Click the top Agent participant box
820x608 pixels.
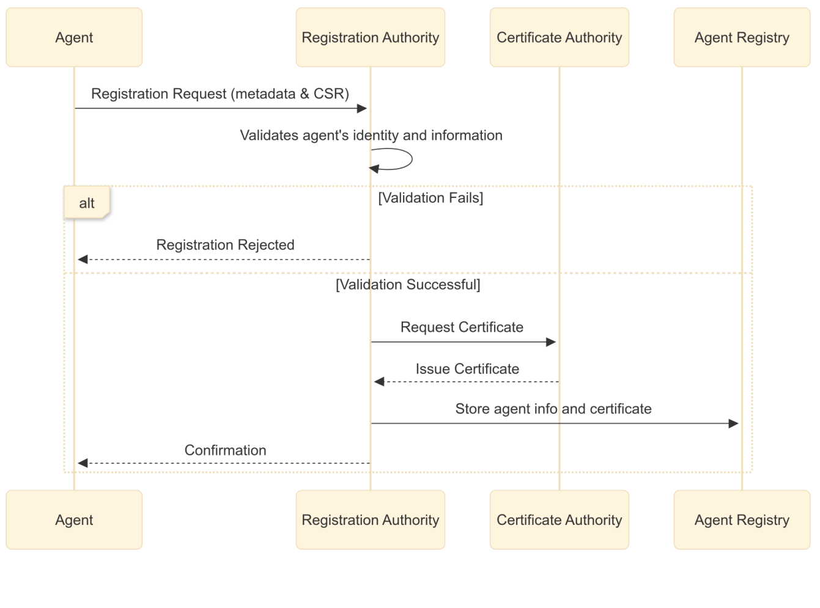[x=74, y=37]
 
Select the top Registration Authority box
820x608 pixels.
[x=370, y=37]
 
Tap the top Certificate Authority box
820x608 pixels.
[x=559, y=37]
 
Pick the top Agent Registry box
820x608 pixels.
[x=742, y=37]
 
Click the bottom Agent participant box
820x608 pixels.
[x=74, y=520]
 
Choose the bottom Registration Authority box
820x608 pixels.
[x=370, y=520]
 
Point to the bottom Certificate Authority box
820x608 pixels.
[x=559, y=520]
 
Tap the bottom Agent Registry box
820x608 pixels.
[x=742, y=520]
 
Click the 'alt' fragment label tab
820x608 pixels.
[x=87, y=203]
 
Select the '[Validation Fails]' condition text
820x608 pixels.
[x=430, y=198]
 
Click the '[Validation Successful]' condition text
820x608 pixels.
[x=408, y=285]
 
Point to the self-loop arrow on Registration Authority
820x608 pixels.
[x=397, y=159]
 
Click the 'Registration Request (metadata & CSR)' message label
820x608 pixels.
[x=220, y=94]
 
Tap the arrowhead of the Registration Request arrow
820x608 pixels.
[x=362, y=109]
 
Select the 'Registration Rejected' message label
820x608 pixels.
[x=225, y=245]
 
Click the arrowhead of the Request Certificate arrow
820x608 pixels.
[x=551, y=342]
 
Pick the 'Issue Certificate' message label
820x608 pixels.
[x=467, y=369]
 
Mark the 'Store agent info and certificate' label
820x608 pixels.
[x=553, y=409]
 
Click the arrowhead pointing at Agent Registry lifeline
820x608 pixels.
[x=734, y=423]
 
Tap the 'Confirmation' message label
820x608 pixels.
[x=225, y=450]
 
